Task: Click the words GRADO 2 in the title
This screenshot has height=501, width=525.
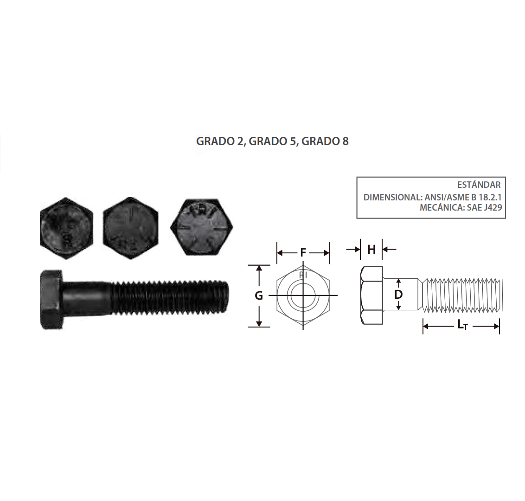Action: point(221,141)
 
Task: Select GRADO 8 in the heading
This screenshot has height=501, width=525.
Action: point(325,141)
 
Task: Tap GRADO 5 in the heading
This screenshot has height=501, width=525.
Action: point(273,141)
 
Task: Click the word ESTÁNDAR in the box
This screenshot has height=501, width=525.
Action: point(479,185)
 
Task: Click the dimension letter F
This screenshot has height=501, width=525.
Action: point(303,252)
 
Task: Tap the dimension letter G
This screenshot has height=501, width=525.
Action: point(259,295)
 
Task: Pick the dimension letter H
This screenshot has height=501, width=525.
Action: point(371,250)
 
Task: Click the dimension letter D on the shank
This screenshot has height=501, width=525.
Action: point(398,295)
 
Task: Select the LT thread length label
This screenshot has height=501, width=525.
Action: point(461,326)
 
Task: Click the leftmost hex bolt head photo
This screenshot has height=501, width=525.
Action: point(66,228)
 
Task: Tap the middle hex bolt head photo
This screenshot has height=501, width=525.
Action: point(130,228)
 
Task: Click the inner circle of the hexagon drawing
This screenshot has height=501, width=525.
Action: point(303,295)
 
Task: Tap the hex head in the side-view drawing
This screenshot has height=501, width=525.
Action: point(371,295)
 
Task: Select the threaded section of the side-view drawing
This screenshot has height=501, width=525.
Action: point(461,295)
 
